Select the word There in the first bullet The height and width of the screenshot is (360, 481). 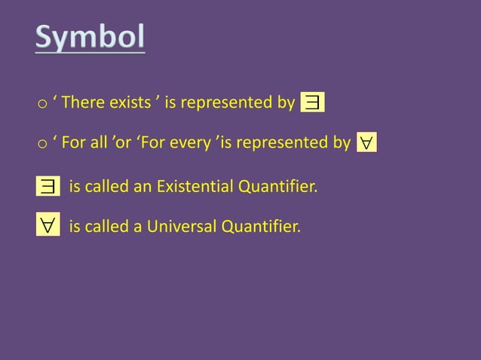pos(81,102)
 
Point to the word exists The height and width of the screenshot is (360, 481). pos(129,102)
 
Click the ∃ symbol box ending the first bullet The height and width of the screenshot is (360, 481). pos(312,102)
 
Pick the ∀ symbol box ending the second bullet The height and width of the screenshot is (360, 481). pos(366,142)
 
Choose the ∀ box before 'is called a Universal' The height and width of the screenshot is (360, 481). pos(48,226)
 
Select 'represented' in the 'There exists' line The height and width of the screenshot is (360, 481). pos(227,102)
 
